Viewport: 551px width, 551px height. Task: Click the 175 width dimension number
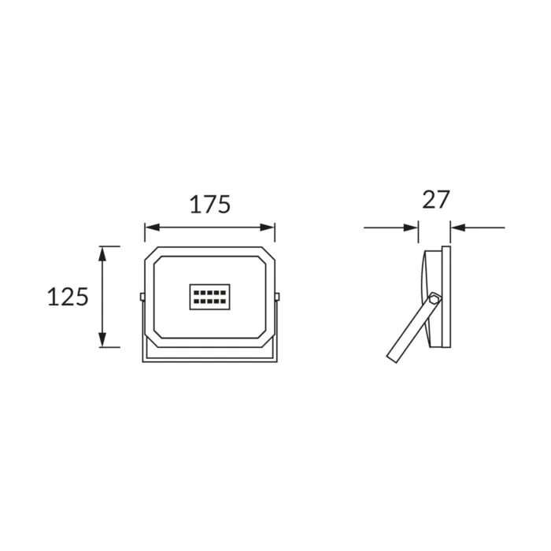[x=210, y=204]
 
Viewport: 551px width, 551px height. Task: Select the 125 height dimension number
[x=68, y=297]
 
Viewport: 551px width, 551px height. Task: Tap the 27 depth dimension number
[x=436, y=200]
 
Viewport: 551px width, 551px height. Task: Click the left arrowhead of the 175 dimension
[x=152, y=227]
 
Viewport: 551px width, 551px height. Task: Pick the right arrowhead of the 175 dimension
[x=267, y=227]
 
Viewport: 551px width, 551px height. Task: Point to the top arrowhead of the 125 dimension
[x=102, y=253]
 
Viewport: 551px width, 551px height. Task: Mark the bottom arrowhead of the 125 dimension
[x=102, y=340]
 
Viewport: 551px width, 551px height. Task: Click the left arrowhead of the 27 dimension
[x=411, y=227]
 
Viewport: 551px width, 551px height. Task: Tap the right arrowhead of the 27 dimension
[x=458, y=227]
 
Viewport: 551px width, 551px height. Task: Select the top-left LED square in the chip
[x=197, y=293]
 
